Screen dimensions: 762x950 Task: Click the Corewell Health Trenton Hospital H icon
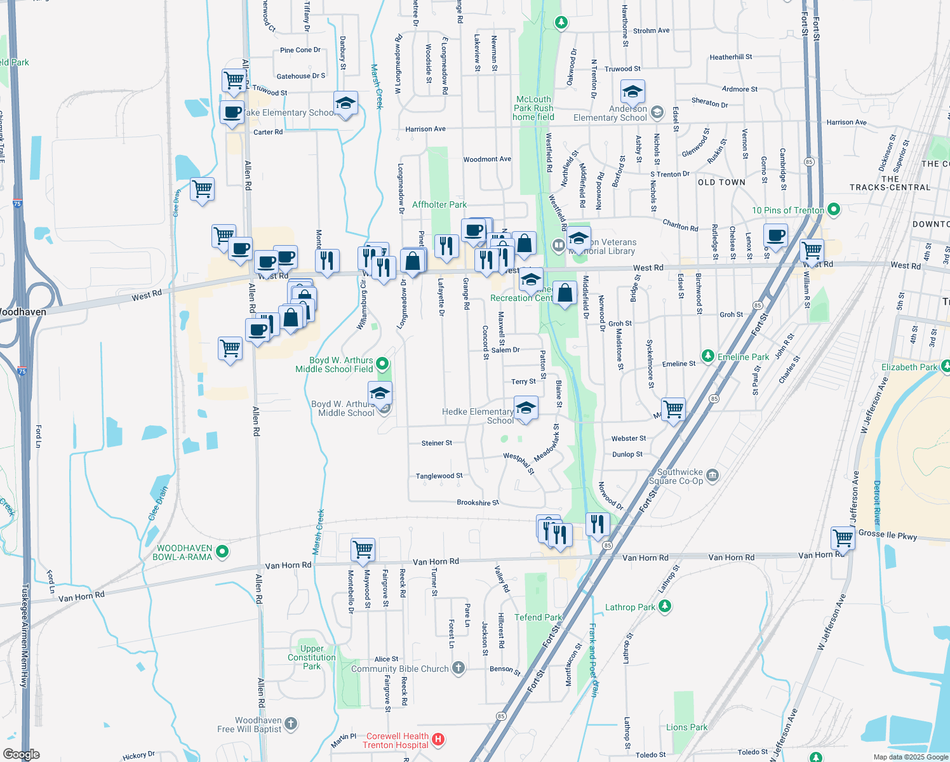(x=438, y=740)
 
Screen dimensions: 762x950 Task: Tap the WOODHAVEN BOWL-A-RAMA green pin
(x=222, y=552)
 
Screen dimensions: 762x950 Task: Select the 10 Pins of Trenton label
(x=787, y=210)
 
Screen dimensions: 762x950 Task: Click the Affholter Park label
(x=439, y=204)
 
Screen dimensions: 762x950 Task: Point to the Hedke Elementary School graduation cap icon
(x=526, y=408)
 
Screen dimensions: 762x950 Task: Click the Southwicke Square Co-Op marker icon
(x=712, y=476)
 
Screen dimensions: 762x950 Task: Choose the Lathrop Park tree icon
(x=665, y=606)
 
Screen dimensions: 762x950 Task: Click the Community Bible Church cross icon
(x=458, y=668)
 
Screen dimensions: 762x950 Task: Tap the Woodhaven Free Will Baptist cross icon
(x=291, y=724)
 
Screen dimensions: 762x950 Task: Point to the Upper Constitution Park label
(x=311, y=657)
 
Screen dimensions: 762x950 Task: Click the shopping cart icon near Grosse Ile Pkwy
(x=843, y=538)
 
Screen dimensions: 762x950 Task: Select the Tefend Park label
(x=538, y=617)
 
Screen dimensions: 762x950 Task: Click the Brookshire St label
(x=478, y=502)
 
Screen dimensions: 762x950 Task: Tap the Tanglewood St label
(x=439, y=476)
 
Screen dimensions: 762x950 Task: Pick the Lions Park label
(x=686, y=727)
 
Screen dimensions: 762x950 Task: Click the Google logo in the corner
(x=21, y=754)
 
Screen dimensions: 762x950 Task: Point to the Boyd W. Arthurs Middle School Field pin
(x=382, y=364)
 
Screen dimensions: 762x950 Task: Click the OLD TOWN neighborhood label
(x=721, y=182)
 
